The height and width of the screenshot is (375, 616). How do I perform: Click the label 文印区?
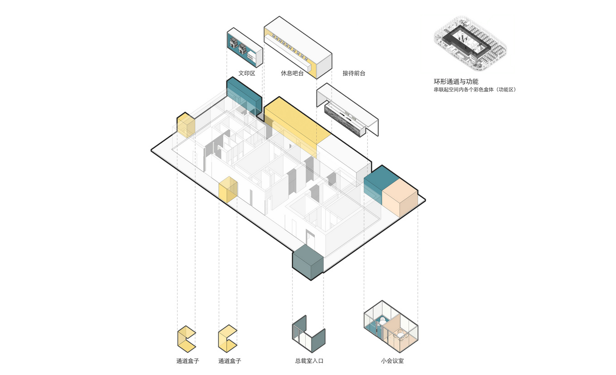pos(247,73)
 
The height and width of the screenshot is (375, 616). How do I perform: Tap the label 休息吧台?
pos(292,73)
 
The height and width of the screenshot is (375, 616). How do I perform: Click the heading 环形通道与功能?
pos(456,82)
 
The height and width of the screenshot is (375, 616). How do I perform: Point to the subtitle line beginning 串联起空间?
pos(475,90)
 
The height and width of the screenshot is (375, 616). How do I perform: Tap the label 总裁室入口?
pos(309,361)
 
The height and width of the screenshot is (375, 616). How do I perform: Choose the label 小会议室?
pos(392,361)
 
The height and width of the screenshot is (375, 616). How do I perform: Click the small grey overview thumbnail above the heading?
pos(470,43)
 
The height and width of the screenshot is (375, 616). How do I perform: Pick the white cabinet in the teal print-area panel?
pos(252,55)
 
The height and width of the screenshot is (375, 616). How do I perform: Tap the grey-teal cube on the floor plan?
pos(307,263)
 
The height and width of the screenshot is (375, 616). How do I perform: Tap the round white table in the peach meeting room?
pos(400,336)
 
